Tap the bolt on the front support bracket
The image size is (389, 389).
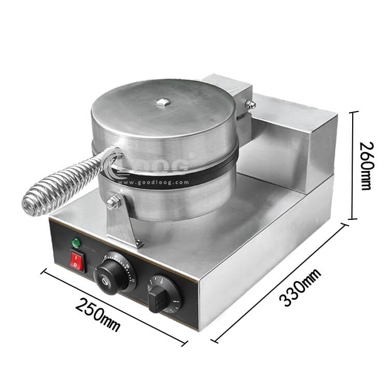pos(112,199)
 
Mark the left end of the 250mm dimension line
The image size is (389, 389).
pos(43,269)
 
